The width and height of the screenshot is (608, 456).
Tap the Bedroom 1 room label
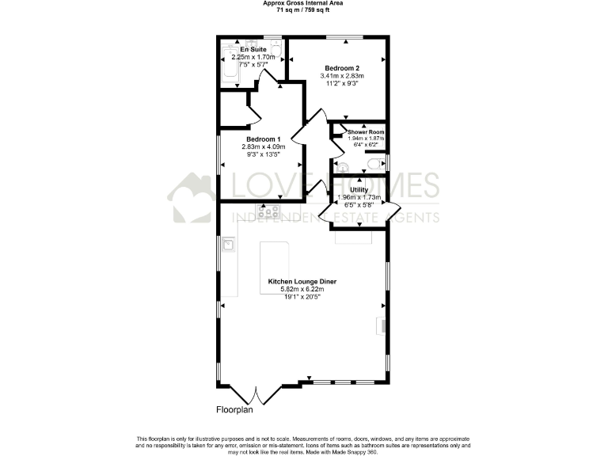(x=263, y=138)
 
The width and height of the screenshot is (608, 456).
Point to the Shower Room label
(x=366, y=131)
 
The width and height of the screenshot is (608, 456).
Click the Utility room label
(x=359, y=190)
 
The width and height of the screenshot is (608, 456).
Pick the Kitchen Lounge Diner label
(x=302, y=281)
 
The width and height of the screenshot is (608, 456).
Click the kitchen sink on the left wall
(x=228, y=245)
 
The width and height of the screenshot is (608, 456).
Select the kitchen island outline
(x=275, y=268)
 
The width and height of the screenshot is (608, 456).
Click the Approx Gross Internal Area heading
(x=302, y=3)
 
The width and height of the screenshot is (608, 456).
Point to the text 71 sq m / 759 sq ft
(x=302, y=10)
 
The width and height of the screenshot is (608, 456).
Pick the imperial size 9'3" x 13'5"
(x=263, y=154)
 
